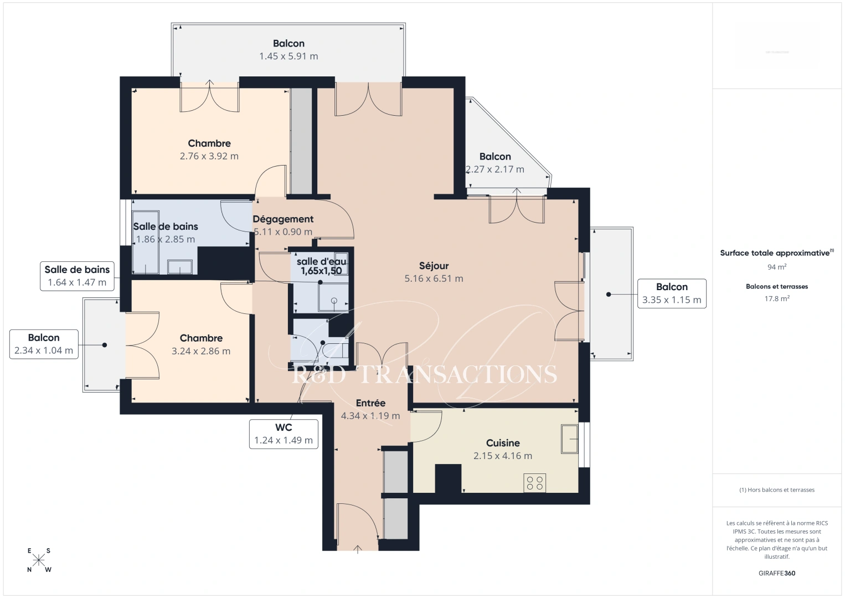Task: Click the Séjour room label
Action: click(434, 266)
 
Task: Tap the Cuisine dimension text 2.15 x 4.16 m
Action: click(502, 456)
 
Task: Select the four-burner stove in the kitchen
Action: click(535, 483)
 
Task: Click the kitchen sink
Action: click(569, 439)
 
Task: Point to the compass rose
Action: click(39, 560)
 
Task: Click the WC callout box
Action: click(284, 434)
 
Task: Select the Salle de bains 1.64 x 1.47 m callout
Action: click(77, 276)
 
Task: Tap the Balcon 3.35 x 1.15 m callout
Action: click(672, 293)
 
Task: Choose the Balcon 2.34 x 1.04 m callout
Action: click(44, 344)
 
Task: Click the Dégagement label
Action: click(283, 219)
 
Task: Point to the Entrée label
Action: click(370, 403)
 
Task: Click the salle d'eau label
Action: click(321, 261)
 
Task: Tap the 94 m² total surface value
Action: click(777, 267)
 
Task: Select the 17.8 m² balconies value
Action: click(777, 298)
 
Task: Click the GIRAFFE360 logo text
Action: click(777, 573)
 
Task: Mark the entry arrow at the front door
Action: click(358, 549)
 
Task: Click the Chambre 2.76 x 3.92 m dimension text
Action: click(209, 156)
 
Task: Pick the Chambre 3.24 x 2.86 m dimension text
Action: click(201, 351)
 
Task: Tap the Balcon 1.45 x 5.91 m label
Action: click(288, 44)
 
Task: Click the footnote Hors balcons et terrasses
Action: click(777, 490)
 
